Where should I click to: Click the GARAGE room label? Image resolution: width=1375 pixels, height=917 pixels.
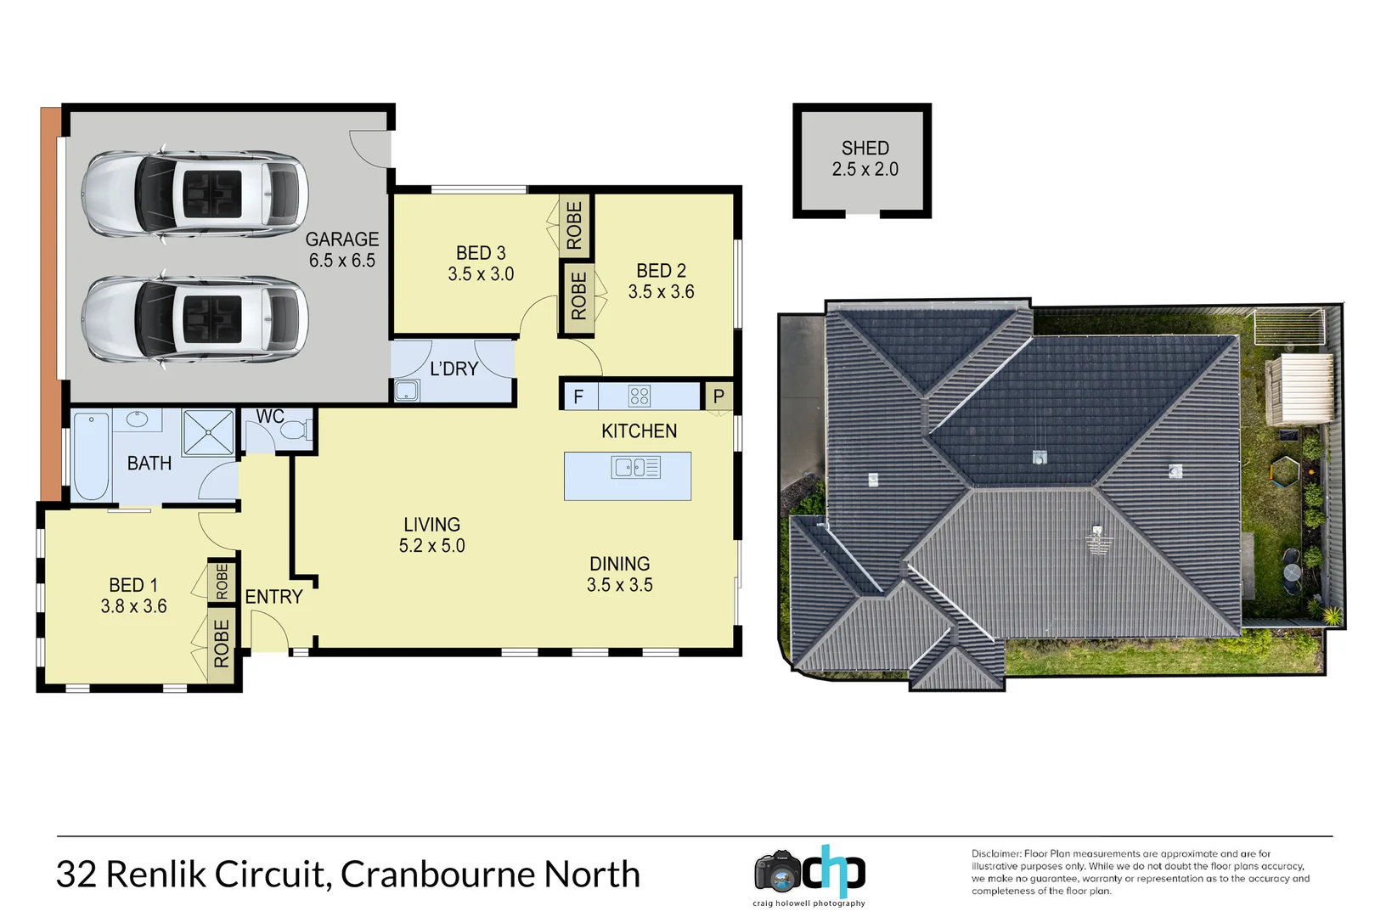coord(341,239)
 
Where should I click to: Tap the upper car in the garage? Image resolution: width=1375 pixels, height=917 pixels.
coord(194,194)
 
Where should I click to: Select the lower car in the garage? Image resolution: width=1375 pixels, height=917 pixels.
coord(194,320)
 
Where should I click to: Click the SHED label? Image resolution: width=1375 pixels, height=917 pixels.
coord(865,149)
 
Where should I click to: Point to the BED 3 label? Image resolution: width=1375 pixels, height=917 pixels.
coord(481,253)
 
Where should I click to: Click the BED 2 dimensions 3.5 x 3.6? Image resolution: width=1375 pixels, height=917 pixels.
coord(661,292)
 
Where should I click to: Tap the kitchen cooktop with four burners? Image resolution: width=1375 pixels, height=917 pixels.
coord(640,396)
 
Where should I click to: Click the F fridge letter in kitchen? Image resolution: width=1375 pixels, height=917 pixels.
coord(578,397)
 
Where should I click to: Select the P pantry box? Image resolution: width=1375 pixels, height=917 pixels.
coord(718,396)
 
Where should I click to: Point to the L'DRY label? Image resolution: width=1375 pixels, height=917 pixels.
coord(454,368)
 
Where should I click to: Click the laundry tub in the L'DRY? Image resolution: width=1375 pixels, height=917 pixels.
coord(407,391)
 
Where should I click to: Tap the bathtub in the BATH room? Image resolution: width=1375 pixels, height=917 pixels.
coord(91,456)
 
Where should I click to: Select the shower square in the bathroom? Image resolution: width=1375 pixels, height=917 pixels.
coord(208,432)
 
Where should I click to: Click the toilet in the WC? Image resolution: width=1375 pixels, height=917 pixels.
coord(294,432)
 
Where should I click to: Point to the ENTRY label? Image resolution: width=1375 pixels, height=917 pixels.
coord(273,597)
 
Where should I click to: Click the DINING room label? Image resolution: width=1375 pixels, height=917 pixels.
coord(619,564)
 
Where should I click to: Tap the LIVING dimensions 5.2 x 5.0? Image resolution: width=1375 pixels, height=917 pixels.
coord(431,546)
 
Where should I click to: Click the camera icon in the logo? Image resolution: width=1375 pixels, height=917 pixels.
coord(777,870)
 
